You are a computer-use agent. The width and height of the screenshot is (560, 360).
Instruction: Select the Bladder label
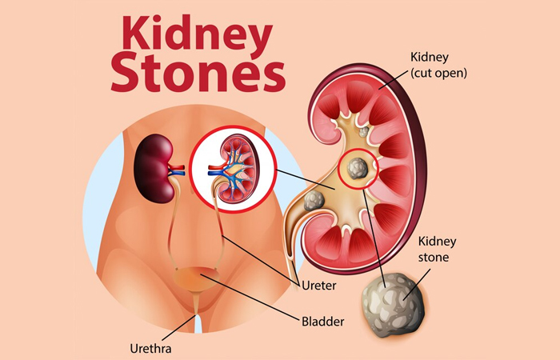point(322,322)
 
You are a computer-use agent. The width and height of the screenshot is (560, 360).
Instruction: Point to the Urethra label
point(150,348)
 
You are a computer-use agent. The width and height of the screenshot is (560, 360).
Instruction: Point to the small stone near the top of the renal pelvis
point(365,131)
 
